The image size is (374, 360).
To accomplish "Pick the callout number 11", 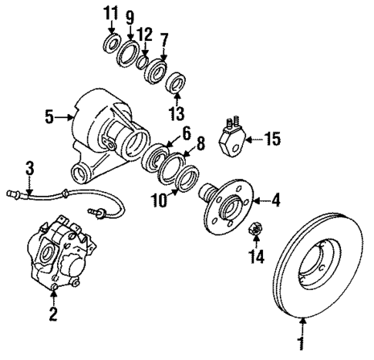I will (110, 14).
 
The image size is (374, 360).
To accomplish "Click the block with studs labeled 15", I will (232, 138).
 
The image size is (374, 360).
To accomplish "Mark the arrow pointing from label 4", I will (258, 203).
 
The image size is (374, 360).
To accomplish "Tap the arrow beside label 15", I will (252, 140).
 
